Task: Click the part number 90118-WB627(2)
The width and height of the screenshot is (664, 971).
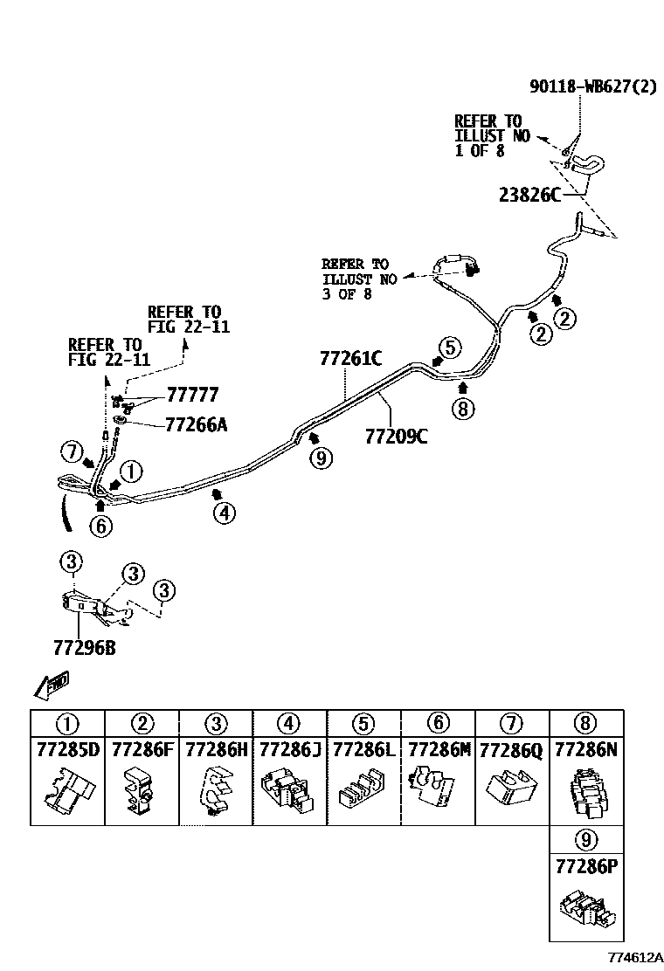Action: [x=592, y=86]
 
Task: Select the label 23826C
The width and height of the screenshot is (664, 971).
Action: [x=529, y=195]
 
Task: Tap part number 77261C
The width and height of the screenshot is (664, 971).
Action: [x=350, y=359]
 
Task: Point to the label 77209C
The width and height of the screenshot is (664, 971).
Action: [x=396, y=437]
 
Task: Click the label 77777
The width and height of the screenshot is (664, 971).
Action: [x=192, y=395]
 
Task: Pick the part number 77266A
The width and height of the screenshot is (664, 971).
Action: [x=197, y=424]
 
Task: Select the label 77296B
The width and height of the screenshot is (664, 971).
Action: [x=84, y=648]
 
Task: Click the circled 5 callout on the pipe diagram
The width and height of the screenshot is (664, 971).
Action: [x=450, y=348]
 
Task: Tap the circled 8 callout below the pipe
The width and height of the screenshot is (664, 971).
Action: [x=463, y=409]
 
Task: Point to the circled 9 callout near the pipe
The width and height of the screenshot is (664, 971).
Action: [x=321, y=458]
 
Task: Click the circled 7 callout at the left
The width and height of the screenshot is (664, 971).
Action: [x=72, y=452]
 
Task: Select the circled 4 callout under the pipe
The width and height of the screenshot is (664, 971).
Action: [x=225, y=513]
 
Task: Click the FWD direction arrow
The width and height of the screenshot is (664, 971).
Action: [x=52, y=685]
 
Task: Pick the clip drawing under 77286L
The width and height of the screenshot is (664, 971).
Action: [x=363, y=790]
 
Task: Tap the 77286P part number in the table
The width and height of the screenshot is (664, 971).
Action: [x=586, y=866]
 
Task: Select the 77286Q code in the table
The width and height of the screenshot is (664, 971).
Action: [x=512, y=751]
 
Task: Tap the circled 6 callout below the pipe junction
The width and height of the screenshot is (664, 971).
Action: [x=101, y=527]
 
